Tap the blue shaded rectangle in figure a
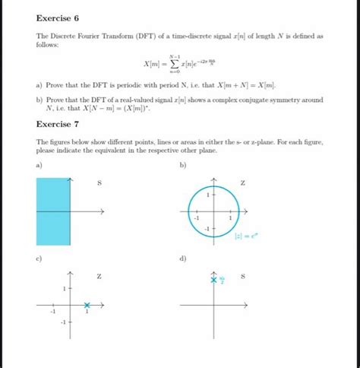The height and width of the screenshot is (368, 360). point(53,211)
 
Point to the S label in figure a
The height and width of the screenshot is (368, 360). point(99,183)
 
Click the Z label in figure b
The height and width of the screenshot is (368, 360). point(242,183)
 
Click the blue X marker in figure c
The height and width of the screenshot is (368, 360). point(87,305)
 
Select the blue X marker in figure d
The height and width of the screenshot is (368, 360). point(214,280)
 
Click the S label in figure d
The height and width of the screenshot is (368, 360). point(242,277)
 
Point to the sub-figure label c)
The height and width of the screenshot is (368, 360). point(39,259)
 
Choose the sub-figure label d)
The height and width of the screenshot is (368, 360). point(183,259)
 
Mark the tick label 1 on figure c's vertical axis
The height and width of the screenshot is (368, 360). point(64,290)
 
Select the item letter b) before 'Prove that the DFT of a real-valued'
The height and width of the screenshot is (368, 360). point(39,100)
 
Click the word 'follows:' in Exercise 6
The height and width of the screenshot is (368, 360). point(49,44)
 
